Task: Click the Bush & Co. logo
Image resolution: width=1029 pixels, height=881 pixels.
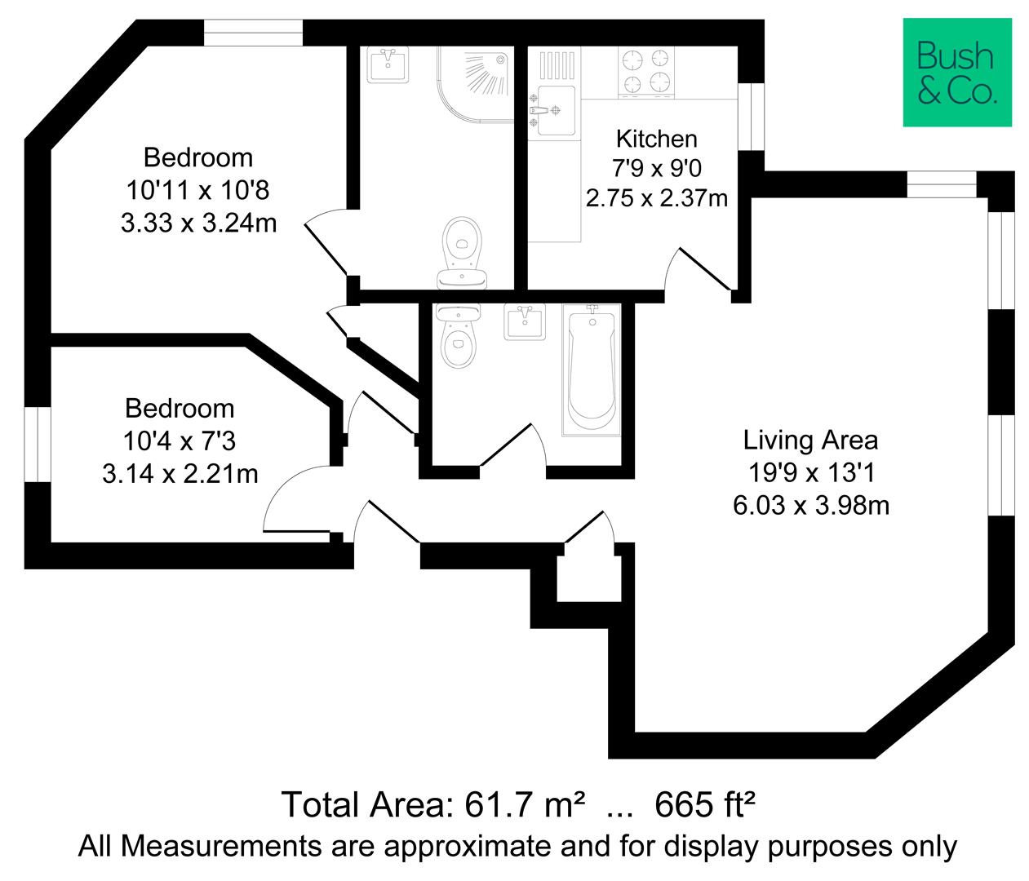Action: [956, 72]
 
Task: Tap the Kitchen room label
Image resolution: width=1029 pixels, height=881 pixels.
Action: [656, 138]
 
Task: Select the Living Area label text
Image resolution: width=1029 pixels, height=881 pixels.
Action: [810, 440]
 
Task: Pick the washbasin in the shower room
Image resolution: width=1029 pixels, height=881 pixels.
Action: [388, 64]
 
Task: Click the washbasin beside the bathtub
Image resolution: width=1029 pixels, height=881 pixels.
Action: [525, 321]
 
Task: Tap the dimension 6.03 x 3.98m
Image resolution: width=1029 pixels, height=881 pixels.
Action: [810, 506]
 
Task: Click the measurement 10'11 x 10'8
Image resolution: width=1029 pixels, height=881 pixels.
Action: [198, 190]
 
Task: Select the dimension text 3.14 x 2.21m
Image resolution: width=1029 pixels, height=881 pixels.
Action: [180, 473]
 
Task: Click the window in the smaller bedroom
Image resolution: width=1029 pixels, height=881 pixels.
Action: [38, 445]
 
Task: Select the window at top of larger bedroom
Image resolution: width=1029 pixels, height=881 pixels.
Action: [253, 33]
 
